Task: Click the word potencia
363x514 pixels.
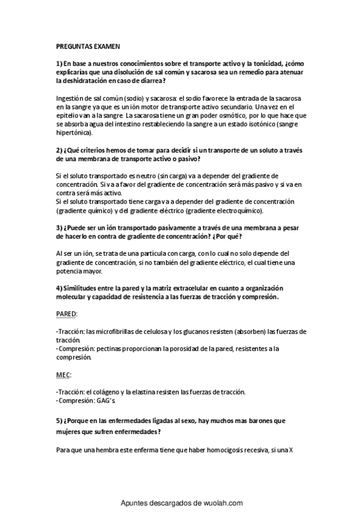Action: (x=70, y=272)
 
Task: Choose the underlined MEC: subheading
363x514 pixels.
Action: (x=63, y=376)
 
